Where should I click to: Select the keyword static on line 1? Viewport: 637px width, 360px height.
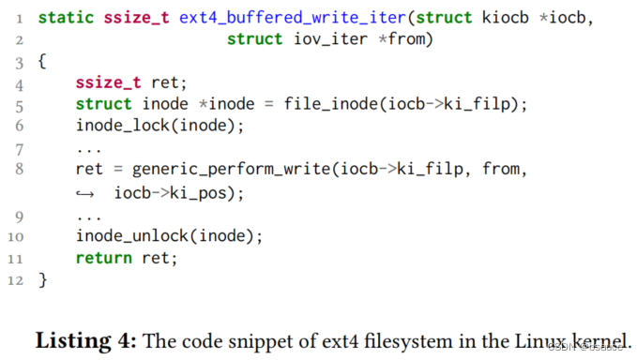[x=66, y=18]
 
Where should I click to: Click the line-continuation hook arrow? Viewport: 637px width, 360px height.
[x=86, y=193]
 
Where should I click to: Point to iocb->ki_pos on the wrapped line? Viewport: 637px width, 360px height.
[x=178, y=192]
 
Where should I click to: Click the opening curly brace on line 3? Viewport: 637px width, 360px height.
[x=42, y=61]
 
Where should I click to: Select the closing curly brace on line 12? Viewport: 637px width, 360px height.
[x=42, y=279]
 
